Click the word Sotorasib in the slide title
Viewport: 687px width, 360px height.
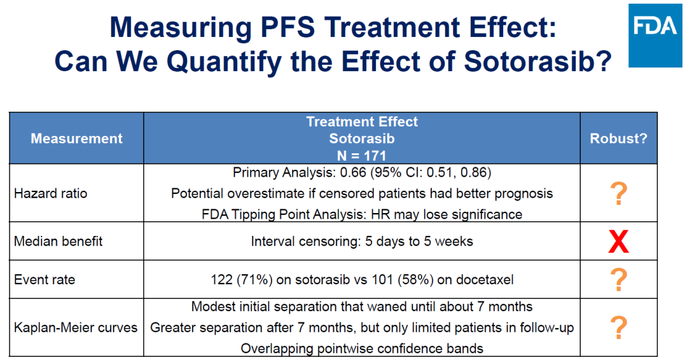[x=538, y=62]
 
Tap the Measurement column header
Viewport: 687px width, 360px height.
[x=77, y=138]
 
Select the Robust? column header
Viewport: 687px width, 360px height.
[x=618, y=138]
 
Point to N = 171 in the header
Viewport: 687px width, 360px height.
[x=362, y=155]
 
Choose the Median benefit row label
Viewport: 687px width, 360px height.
[x=59, y=241]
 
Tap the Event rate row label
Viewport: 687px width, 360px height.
[x=45, y=279]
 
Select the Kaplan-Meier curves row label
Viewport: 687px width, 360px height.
[x=76, y=328]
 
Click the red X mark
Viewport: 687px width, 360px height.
[x=618, y=242]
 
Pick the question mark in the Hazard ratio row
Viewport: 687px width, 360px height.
[x=618, y=193]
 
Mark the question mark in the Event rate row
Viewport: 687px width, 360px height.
[x=618, y=279]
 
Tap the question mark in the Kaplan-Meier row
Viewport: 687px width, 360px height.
[x=618, y=328]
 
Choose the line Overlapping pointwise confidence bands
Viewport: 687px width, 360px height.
[x=362, y=348]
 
